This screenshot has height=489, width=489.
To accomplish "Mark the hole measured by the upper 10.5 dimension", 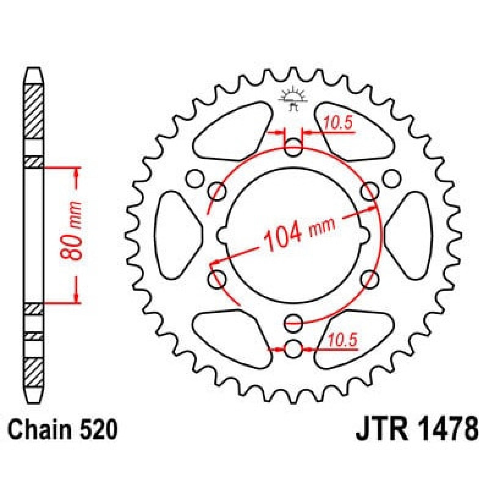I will point(293,148).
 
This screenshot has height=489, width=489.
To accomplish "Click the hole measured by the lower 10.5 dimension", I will point(293,349).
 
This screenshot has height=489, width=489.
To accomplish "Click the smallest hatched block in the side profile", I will point(34,337).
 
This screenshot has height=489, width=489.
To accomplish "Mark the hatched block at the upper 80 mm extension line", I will point(34,162).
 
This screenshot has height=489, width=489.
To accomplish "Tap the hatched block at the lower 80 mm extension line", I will point(34,309).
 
